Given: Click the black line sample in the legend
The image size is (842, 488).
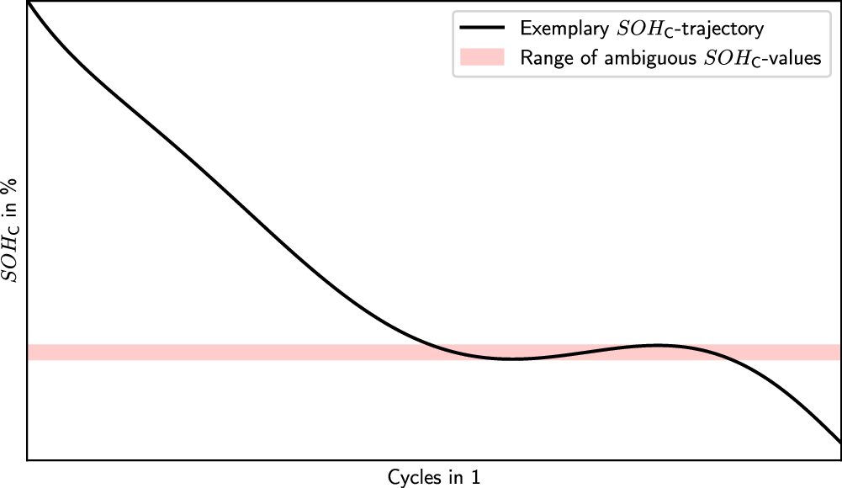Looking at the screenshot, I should point(482,29).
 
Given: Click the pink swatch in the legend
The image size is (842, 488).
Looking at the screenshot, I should point(482,57).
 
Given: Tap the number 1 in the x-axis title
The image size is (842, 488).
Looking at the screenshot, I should point(476,476).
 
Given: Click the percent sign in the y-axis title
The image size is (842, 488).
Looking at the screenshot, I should point(16,188).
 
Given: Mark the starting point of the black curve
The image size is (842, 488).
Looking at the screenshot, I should point(29,3).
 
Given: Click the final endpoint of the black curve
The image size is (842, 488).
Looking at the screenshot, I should point(839,442).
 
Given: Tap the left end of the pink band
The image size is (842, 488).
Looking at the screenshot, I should point(30,352).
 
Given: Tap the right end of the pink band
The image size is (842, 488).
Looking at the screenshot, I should point(839,352).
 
